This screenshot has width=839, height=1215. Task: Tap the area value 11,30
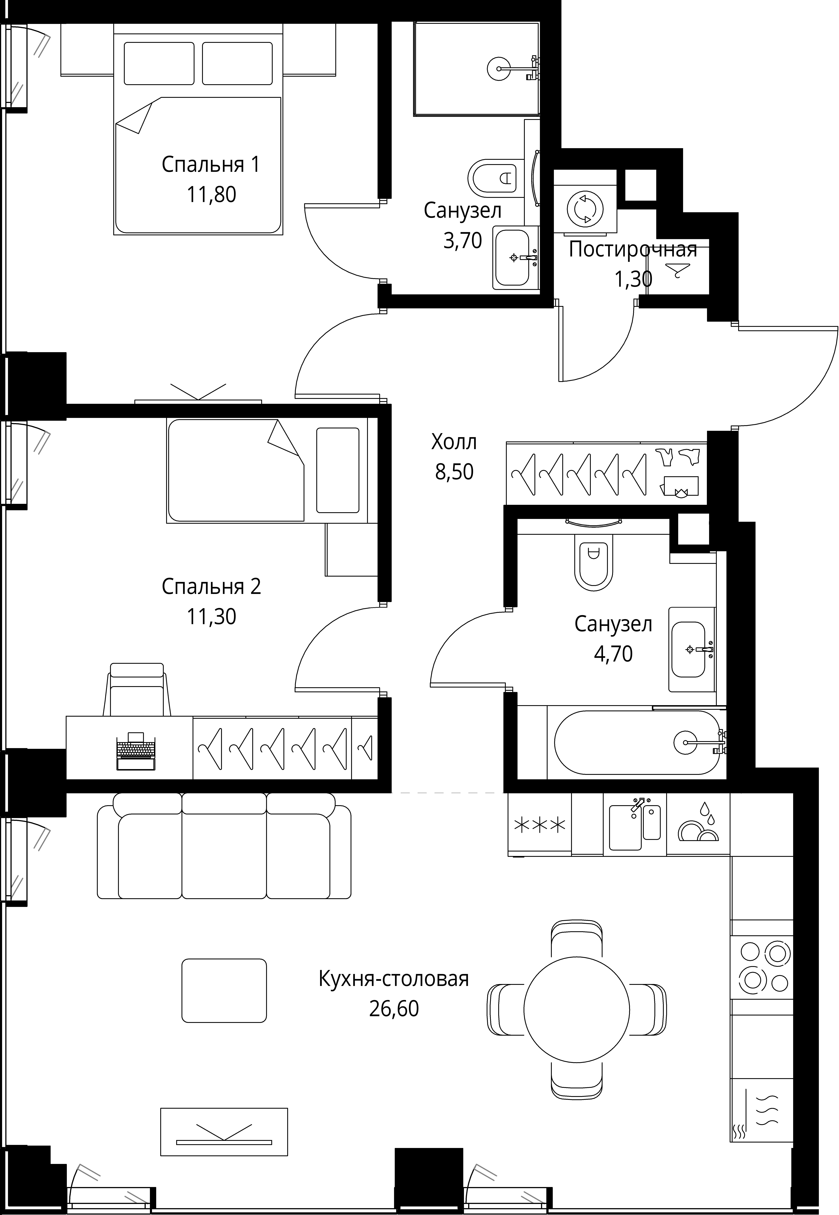tap(211, 616)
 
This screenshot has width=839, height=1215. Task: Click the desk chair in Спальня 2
tap(137, 689)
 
